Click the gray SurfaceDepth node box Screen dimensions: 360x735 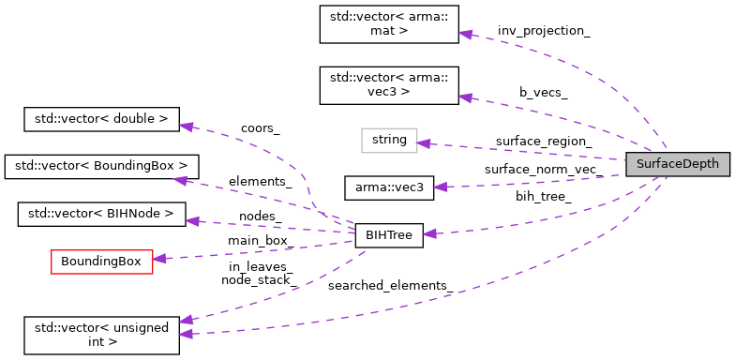point(677,164)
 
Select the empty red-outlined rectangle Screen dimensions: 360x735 point(101,262)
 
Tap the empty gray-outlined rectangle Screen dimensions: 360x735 point(389,141)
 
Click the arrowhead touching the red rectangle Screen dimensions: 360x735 point(159,258)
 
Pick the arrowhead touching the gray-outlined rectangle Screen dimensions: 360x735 point(424,143)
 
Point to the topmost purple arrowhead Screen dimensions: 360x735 point(465,34)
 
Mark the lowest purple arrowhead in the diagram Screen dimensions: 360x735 point(186,334)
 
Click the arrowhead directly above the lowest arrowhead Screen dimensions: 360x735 point(186,320)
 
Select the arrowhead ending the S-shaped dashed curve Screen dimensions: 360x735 point(187,127)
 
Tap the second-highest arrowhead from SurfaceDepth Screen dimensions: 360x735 point(465,97)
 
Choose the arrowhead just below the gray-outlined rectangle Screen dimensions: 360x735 point(441,187)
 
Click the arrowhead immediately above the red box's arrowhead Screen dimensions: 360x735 point(192,221)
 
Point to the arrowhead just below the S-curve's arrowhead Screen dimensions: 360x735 point(181,180)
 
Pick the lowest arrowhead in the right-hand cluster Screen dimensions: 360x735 point(429,233)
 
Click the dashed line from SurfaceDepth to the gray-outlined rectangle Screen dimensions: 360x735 point(525,152)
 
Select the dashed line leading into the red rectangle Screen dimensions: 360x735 point(253,250)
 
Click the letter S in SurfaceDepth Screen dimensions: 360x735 point(640,164)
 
